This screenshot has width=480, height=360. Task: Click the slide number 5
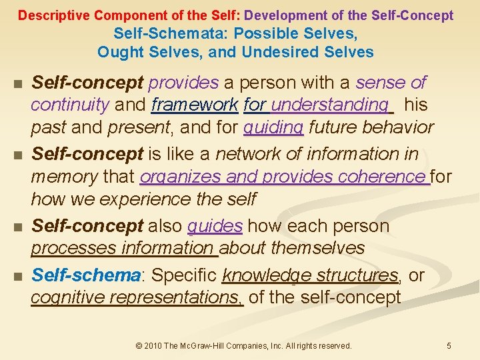pos(449,345)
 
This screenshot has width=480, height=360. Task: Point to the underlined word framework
pos(195,105)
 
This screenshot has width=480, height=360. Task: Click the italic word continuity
pos(69,105)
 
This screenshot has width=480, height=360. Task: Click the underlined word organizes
pos(179,177)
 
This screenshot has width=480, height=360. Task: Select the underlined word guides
pos(215,226)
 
